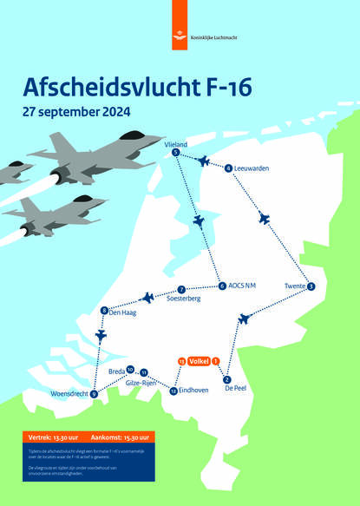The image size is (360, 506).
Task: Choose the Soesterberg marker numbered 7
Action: tap(180, 289)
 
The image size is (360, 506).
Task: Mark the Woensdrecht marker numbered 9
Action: tap(94, 392)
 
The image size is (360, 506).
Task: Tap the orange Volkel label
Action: tap(200, 361)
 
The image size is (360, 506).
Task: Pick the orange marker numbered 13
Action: tap(180, 361)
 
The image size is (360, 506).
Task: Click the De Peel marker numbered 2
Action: tap(226, 378)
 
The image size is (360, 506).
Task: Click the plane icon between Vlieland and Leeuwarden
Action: tap(204, 161)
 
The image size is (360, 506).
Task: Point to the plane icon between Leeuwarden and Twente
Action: tap(265, 219)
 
